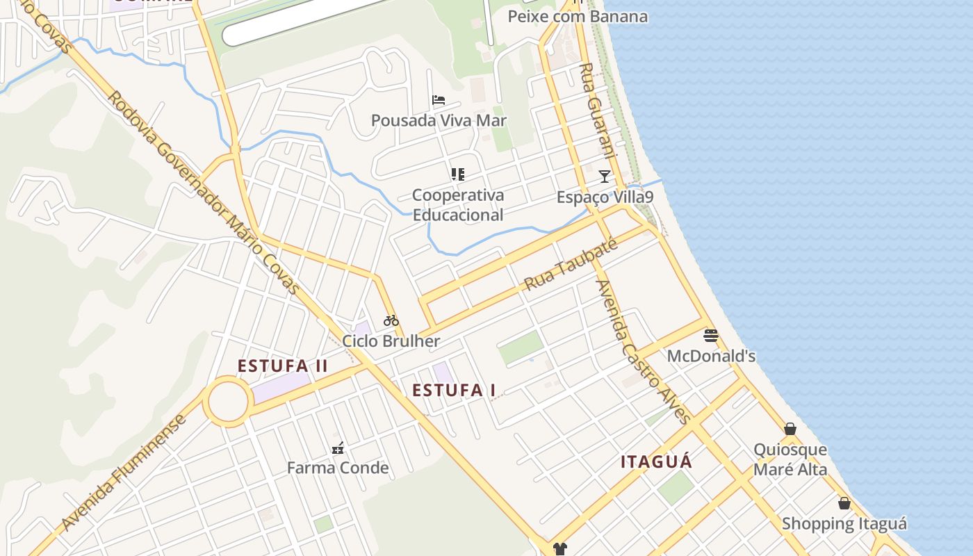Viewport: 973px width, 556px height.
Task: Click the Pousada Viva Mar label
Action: [x=439, y=120]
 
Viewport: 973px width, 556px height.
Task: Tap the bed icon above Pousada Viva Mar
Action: [x=438, y=100]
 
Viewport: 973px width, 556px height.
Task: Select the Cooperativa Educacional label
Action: [x=457, y=205]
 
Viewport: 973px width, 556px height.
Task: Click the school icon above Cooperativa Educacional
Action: [x=457, y=174]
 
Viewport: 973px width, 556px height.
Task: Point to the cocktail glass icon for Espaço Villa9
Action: [x=605, y=177]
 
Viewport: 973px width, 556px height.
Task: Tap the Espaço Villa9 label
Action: [x=605, y=197]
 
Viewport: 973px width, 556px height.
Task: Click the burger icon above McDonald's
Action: [x=710, y=336]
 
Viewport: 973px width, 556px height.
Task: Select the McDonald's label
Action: [x=710, y=357]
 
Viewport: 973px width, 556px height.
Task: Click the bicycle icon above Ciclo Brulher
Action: [x=391, y=320]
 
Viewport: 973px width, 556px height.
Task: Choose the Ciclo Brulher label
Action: [x=391, y=341]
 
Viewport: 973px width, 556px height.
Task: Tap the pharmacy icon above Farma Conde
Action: [x=338, y=448]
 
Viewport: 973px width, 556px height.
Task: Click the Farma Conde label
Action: [x=338, y=468]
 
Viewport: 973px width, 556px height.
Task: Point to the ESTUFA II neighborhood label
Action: [x=282, y=366]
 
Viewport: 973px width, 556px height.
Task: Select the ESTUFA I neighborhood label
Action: [x=454, y=391]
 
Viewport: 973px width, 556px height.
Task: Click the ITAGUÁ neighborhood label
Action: [x=656, y=462]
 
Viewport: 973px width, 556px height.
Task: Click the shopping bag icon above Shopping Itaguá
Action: [x=844, y=503]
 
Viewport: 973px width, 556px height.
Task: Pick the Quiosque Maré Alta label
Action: [x=790, y=459]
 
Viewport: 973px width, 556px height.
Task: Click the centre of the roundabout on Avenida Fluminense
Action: [x=228, y=401]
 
